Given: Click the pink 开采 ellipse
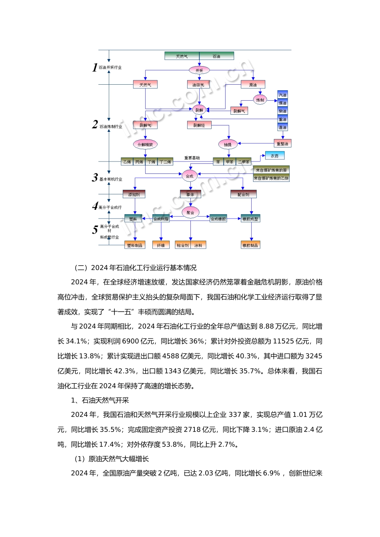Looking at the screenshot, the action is coord(199,70).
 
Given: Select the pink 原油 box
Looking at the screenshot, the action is coord(253,85).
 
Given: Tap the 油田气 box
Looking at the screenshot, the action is coord(198,85).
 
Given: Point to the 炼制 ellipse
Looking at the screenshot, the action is coord(260,100).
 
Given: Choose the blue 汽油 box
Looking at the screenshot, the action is coord(283,95).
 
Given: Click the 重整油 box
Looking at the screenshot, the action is coord(283,143).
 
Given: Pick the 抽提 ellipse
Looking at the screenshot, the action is coord(228,144).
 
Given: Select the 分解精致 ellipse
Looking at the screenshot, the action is coord(145,144).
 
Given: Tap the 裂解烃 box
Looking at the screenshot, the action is coord(199,125).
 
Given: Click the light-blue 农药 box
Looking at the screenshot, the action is coord(275,156).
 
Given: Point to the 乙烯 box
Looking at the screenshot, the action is coord(127,162).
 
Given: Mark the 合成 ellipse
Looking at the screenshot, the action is coord(190,176).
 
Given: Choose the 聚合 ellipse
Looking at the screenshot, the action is coord(190,213).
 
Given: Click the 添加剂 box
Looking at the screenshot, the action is coord(134,195).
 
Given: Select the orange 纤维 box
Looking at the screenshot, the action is coord(161,245).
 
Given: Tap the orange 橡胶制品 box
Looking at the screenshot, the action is coord(250,245).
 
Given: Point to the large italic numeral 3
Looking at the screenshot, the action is coord(95,177).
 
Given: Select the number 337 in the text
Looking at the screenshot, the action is coord(235,415).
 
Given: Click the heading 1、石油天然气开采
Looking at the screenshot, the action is coord(100,400).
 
